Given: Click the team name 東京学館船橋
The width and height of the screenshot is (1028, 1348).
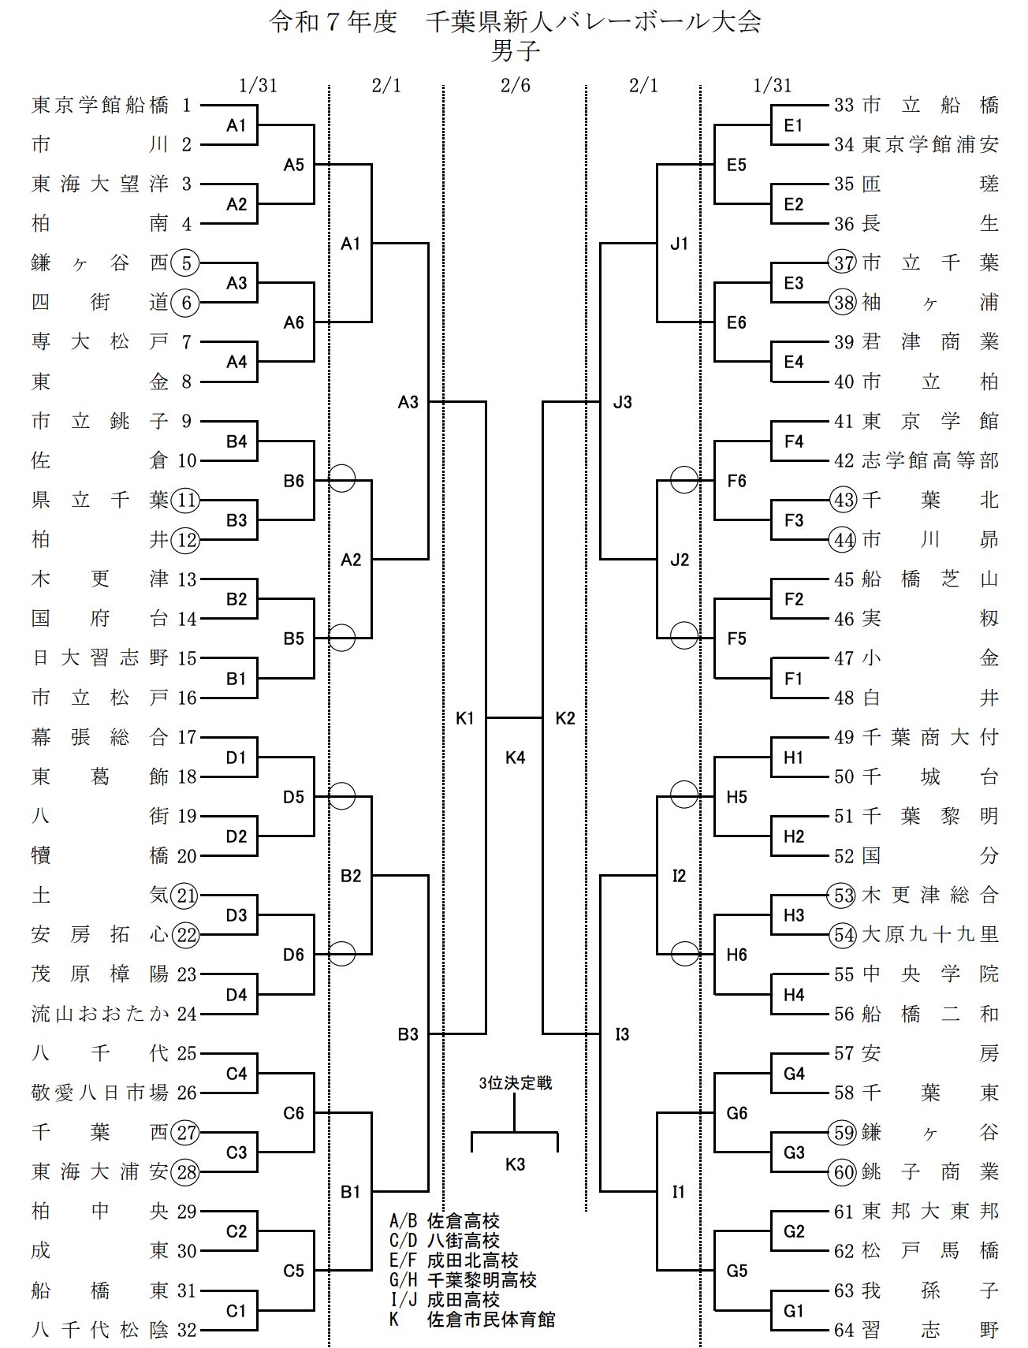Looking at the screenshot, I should [100, 105].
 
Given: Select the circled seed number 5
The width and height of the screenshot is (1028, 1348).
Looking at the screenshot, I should [186, 263].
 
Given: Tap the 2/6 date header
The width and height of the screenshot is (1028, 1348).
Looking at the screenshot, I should [515, 85].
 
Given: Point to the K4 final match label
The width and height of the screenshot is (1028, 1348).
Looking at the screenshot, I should [515, 758].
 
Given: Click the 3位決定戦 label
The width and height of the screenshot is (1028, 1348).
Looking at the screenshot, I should [516, 1083].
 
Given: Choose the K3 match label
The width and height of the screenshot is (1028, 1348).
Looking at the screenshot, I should [515, 1164].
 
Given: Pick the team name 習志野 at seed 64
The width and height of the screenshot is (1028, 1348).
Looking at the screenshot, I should [931, 1330].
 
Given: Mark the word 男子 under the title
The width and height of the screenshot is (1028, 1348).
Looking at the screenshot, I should [515, 52].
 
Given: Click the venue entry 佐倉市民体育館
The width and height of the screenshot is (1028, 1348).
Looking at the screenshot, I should [490, 1319].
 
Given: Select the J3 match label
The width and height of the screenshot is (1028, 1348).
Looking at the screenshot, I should [623, 402].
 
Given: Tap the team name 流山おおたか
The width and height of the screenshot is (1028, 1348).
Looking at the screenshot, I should [100, 1014].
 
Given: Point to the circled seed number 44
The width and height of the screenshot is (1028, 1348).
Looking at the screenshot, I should [844, 540].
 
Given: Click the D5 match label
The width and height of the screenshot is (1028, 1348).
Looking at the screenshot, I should [293, 797].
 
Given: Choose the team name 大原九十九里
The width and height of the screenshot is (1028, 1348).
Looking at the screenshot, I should [931, 935].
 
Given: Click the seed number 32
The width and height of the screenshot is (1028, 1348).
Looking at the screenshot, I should [187, 1330].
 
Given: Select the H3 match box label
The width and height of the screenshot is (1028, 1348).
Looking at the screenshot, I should [793, 915].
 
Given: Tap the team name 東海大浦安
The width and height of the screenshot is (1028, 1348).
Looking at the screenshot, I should [100, 1172].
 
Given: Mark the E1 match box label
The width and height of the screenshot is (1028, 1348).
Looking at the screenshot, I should [793, 125].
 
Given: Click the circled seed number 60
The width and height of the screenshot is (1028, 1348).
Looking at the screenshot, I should [844, 1172].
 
